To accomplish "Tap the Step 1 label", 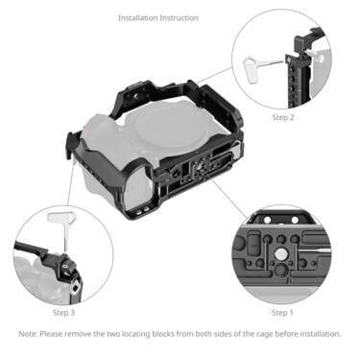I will pos(281,312).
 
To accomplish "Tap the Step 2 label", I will pos(283,117).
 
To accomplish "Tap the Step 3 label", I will pos(63,312).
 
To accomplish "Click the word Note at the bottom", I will pos(28,334).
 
